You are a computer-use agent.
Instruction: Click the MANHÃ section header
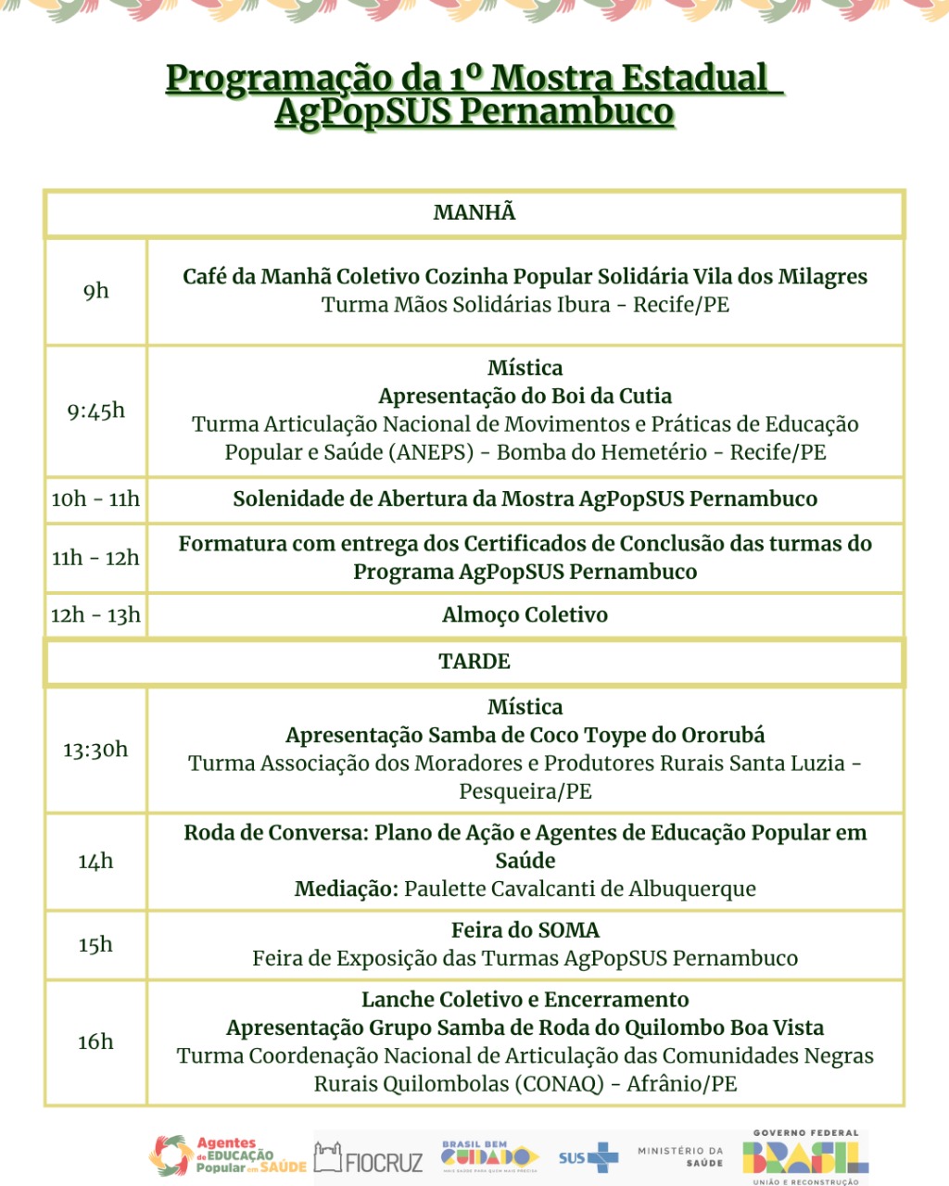coord(474,213)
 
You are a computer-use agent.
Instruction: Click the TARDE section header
coord(474,662)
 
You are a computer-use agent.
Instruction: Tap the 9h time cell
coord(95,292)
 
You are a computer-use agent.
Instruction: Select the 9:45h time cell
coord(95,411)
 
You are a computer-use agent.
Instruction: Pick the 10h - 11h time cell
coord(95,499)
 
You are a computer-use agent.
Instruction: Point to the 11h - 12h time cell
coord(95,558)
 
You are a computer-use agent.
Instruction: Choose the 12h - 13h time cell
coord(95,615)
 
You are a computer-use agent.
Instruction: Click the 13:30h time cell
coord(95,750)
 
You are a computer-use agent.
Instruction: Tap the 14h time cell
coord(95,862)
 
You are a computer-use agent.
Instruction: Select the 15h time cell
coord(95,945)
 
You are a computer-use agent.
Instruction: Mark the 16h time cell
coord(95,1042)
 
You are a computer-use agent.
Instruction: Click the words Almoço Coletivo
coord(525,615)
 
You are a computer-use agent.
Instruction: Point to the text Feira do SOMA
coord(525,930)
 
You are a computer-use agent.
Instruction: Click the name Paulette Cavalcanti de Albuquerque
coord(580,889)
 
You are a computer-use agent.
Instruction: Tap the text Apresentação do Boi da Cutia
coord(525,397)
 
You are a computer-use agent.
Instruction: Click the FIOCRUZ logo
coord(369,1158)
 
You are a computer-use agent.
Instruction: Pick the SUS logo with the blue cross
coord(588,1157)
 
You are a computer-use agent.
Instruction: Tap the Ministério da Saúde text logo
coord(680,1156)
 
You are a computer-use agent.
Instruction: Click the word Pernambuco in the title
coord(566,112)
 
